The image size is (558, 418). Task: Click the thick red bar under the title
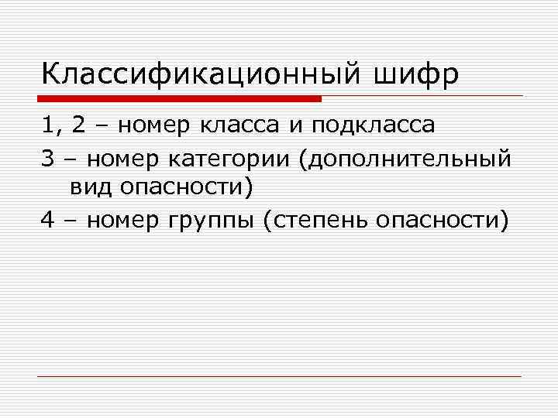pyautogui.click(x=180, y=98)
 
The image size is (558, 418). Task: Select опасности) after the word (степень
pyautogui.click(x=443, y=222)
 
